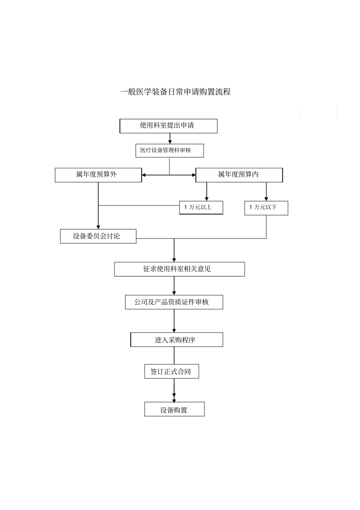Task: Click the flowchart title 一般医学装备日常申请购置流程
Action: tap(175, 92)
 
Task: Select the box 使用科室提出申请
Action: tap(168, 126)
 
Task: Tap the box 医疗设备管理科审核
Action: tap(169, 151)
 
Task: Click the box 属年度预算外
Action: tap(98, 175)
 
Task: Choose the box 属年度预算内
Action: tap(239, 175)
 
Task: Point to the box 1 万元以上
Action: tap(201, 207)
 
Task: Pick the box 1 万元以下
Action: tap(266, 208)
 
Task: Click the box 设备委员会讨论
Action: tap(98, 236)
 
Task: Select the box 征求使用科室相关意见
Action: tap(179, 269)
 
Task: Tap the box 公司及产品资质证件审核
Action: tap(174, 302)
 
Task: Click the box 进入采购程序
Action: tap(177, 340)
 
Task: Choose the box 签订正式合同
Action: tap(171, 372)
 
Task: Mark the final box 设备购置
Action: tap(174, 410)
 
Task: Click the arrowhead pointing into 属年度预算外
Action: tap(144, 175)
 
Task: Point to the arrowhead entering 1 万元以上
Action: tap(207, 198)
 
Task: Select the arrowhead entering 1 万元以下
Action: tap(266, 198)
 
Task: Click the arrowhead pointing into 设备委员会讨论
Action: tap(98, 226)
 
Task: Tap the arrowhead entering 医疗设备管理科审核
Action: tap(170, 141)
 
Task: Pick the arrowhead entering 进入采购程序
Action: tap(174, 330)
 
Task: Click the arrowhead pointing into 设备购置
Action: tap(174, 400)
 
